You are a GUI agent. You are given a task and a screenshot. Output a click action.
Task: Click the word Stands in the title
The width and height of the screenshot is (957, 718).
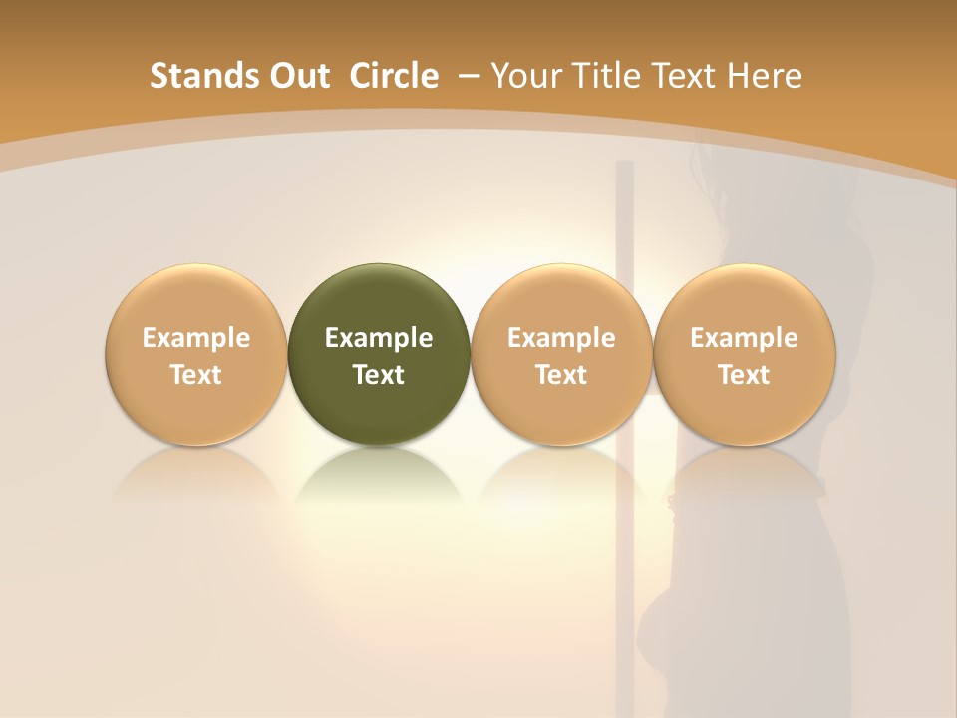point(191,76)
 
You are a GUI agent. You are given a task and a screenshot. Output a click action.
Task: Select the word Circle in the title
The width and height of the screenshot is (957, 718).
point(394,76)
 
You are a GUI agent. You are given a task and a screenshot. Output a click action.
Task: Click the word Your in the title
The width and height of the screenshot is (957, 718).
point(524,76)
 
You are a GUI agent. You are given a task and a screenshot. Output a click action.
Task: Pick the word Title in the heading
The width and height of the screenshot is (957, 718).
point(604,76)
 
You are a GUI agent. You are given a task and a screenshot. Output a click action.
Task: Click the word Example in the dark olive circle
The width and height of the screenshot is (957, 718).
point(379,338)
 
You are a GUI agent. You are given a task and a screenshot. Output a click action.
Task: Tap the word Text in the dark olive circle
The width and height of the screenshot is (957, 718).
point(379,375)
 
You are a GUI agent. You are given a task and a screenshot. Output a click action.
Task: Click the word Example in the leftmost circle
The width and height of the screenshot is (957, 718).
point(196,338)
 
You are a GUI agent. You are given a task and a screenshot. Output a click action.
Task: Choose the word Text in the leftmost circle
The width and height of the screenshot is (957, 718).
point(196,375)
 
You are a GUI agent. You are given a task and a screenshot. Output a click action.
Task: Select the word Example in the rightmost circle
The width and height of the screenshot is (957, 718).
point(745,338)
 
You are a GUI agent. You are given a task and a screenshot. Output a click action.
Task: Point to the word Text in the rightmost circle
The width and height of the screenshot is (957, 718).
point(745,375)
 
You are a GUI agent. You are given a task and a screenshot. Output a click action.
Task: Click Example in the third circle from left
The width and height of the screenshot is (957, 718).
point(561,338)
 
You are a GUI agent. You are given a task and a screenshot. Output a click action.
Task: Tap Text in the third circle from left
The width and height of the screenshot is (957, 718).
point(561,375)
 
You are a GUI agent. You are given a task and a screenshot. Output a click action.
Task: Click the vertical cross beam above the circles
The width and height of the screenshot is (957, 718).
point(625,214)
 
